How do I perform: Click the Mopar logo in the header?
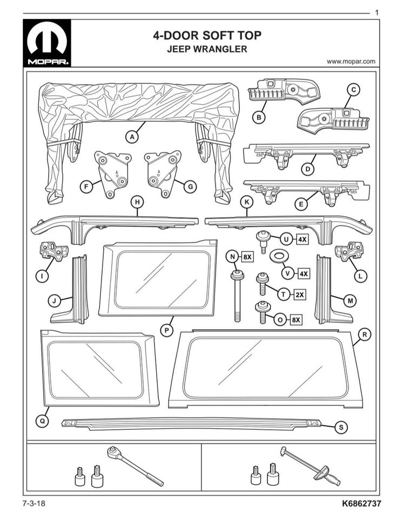click(47, 43)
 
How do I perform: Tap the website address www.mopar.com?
click(351, 61)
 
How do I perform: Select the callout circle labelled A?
click(132, 137)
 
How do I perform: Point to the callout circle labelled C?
click(353, 89)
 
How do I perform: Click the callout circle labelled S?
click(341, 427)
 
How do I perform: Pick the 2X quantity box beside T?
click(300, 295)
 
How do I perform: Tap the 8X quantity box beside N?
click(247, 256)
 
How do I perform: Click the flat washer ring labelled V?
click(279, 256)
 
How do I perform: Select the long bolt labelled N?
click(237, 296)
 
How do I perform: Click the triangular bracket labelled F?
click(112, 173)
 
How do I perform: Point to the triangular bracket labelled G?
click(163, 173)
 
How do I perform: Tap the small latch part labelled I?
click(53, 251)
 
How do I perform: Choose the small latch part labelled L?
click(349, 251)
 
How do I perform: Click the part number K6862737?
click(361, 504)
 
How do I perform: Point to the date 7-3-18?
click(34, 504)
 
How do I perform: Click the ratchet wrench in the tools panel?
click(135, 466)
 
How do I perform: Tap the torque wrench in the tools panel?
click(310, 465)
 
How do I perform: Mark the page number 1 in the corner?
click(377, 13)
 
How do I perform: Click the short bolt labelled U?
click(264, 242)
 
